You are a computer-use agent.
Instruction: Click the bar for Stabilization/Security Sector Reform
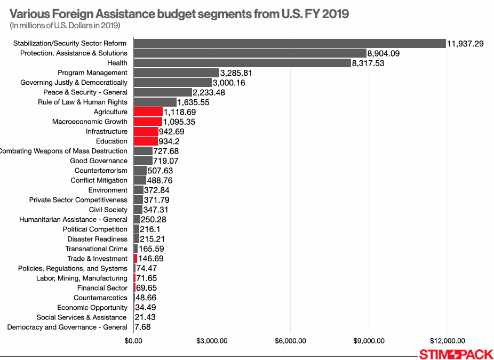[x=289, y=43]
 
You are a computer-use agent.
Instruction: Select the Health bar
[x=242, y=63]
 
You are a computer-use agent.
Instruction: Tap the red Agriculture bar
[x=148, y=112]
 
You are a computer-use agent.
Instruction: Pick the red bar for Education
[x=146, y=141]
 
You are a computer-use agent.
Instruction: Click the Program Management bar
[x=176, y=73]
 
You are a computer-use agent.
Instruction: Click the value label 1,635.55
[x=193, y=102]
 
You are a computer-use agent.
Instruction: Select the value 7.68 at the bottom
[x=142, y=327]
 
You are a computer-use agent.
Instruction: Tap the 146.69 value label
[x=151, y=259]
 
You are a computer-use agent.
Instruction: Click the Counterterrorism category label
[x=101, y=171]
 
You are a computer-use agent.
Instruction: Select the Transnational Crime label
[x=97, y=249]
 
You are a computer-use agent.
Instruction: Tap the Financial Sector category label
[x=102, y=288]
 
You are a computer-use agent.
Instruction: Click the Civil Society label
[x=108, y=210]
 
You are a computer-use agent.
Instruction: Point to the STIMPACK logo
[x=456, y=354]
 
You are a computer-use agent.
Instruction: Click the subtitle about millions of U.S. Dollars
[x=65, y=26]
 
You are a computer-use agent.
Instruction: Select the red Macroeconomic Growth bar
[x=148, y=122]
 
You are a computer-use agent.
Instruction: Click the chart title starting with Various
[x=179, y=13]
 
